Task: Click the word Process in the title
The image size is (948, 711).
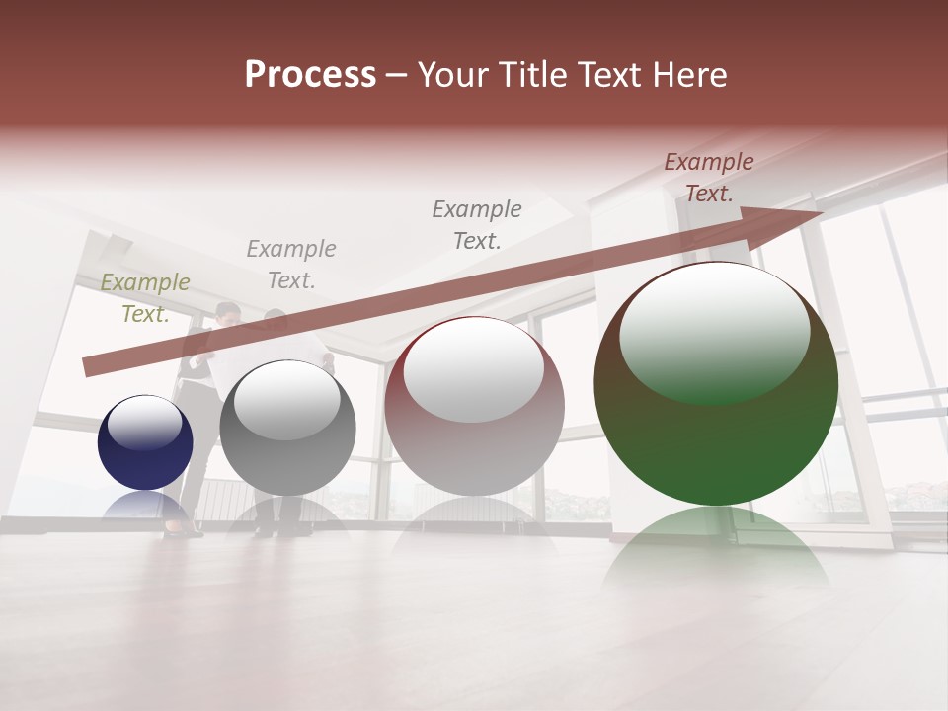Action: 310,74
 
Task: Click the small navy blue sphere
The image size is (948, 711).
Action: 145,442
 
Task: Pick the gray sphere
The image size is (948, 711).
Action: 287,429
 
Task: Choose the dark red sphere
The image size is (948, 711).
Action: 474,406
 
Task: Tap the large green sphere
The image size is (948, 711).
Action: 716,384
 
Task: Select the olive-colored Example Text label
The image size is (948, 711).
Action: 145,297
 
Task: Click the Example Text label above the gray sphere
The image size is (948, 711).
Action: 291,264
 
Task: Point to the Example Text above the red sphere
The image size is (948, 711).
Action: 477,224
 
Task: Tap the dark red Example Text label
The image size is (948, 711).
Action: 709,178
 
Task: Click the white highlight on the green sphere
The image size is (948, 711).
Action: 714,331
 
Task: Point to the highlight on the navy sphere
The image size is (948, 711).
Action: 144,423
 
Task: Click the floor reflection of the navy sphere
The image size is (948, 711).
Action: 145,506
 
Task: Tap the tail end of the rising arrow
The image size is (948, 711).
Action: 89,367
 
